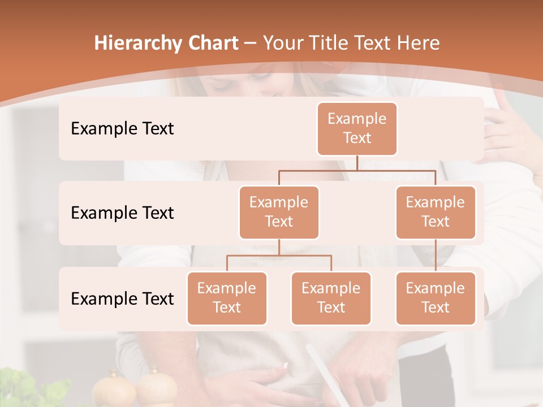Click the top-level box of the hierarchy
coord(357,128)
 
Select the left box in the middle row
coord(279,212)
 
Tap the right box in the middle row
coord(436,212)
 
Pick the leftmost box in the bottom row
coord(227,298)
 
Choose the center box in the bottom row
coord(331,298)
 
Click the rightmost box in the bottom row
coord(436,298)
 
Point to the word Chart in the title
coord(212,43)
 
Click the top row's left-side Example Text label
coord(122,129)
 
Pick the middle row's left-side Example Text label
coord(122,213)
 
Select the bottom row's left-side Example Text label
coord(122,298)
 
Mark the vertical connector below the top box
coord(357,163)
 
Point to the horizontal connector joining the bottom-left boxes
coord(279,256)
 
